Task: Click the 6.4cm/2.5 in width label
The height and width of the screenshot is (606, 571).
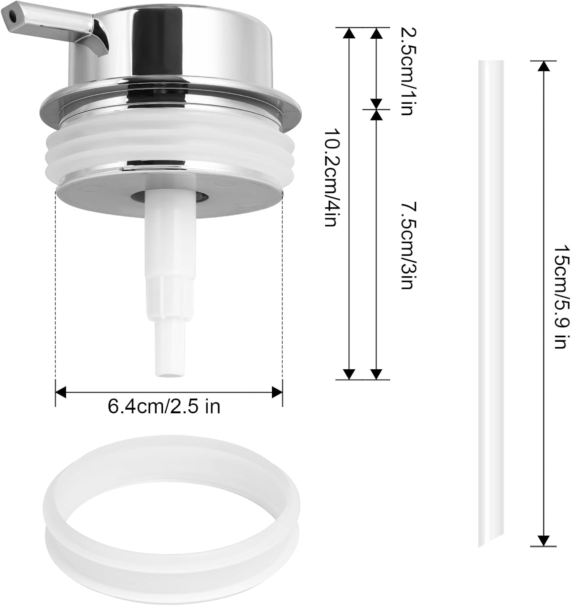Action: coord(164,406)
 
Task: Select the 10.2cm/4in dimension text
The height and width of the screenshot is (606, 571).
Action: coord(331,178)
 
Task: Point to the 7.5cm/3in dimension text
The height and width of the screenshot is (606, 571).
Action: coord(406,245)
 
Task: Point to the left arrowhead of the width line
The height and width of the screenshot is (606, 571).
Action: coord(60,391)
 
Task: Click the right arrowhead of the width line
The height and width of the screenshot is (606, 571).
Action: coord(278,391)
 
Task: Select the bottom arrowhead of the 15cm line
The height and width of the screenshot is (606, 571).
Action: coord(543,541)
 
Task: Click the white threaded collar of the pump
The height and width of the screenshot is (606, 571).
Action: coord(170,149)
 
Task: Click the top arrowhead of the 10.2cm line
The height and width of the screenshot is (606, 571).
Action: coord(349,33)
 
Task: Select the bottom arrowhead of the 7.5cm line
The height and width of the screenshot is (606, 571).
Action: coord(376,374)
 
